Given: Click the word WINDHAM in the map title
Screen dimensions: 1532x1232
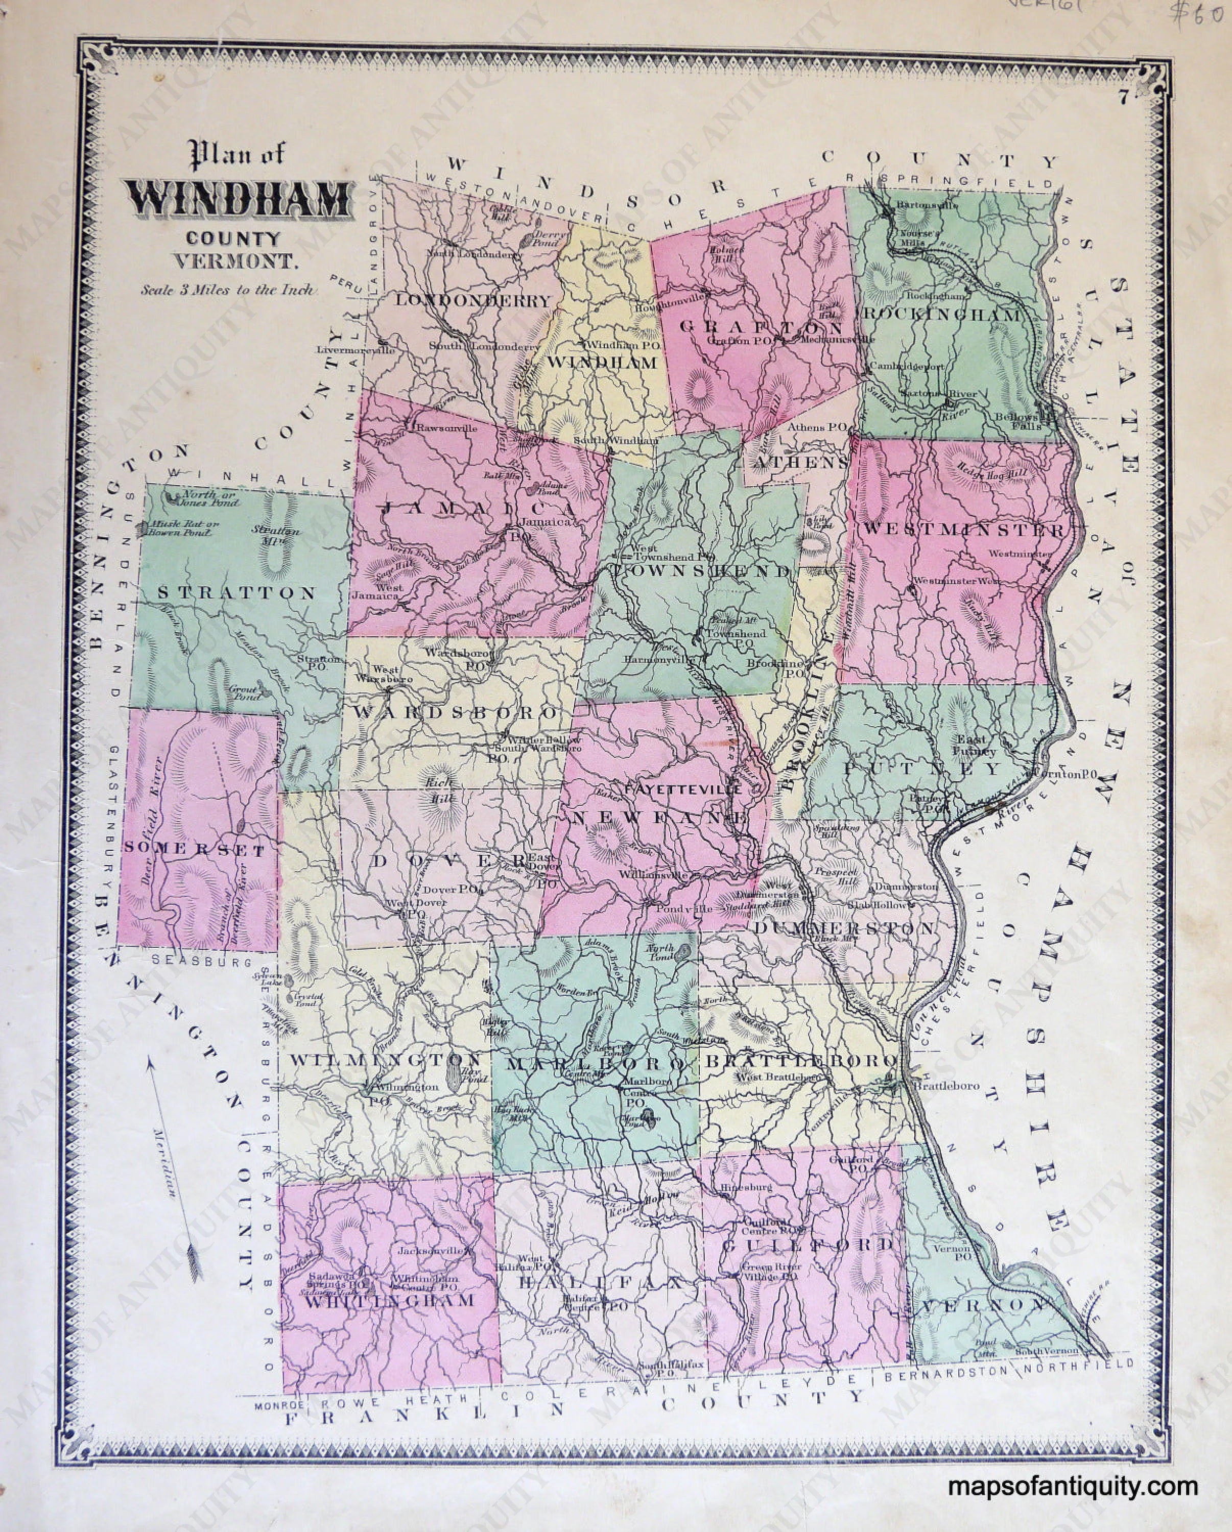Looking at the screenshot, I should pos(239,200).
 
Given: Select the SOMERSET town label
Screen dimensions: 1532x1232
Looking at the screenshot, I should pos(195,851).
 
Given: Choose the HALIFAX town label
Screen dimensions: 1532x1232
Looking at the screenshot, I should pos(601,1283).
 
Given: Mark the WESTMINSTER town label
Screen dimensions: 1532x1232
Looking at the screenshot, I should pos(963,530).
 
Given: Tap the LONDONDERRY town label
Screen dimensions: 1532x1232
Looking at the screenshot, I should pos(473,301).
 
